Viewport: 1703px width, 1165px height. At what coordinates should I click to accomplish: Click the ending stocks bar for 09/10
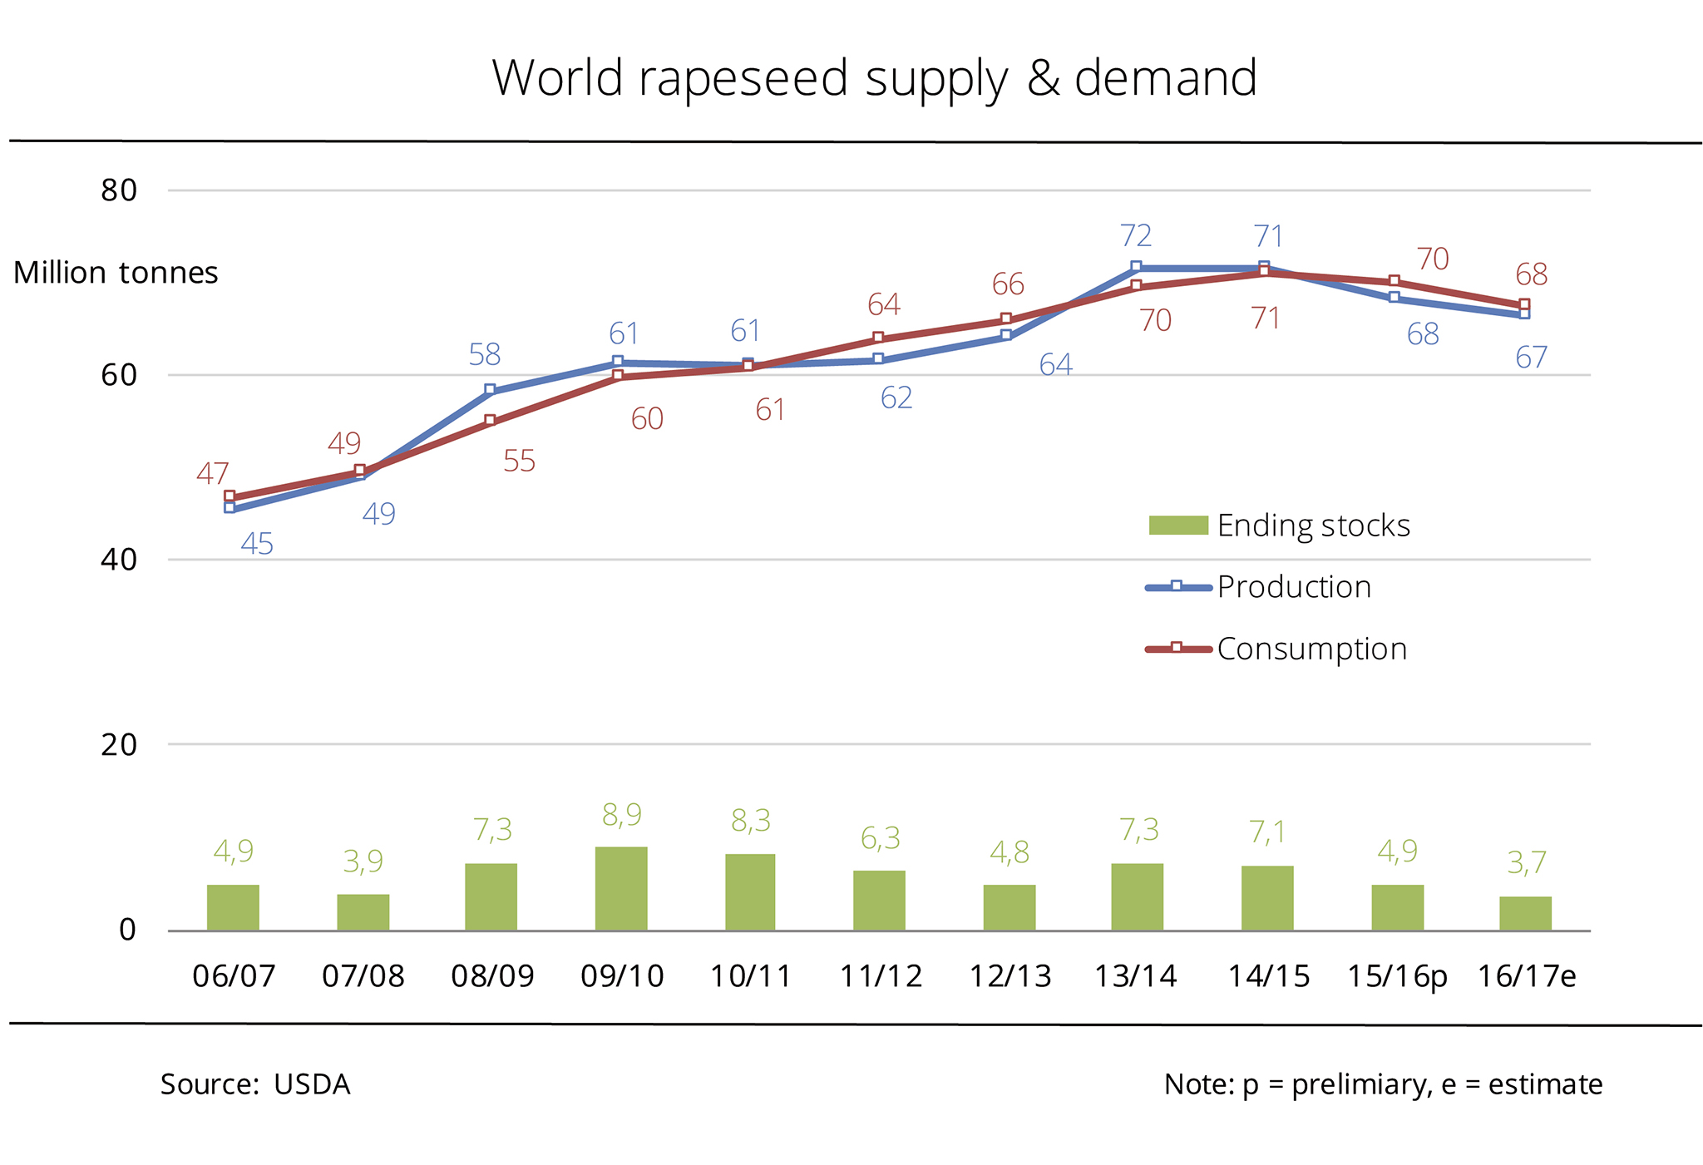[x=621, y=888]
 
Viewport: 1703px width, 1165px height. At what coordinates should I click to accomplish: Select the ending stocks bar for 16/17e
[x=1525, y=913]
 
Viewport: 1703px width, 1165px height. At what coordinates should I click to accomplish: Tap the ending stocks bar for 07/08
[x=363, y=912]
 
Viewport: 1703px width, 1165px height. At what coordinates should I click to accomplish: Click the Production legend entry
[x=1293, y=587]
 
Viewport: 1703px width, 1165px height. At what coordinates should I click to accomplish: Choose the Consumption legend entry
[x=1311, y=649]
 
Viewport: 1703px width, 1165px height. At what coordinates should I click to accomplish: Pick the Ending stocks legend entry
[x=1313, y=526]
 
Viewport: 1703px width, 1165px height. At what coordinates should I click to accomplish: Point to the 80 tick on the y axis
[x=119, y=190]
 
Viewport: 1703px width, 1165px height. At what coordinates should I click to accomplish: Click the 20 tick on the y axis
[x=119, y=744]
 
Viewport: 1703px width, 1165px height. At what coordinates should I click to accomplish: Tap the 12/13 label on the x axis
[x=1009, y=975]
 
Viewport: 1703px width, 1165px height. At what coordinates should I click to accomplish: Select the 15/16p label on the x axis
[x=1397, y=975]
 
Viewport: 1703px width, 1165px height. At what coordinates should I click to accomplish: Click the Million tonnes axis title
[x=116, y=273]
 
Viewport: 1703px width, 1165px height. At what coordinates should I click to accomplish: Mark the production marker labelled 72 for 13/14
[x=1136, y=267]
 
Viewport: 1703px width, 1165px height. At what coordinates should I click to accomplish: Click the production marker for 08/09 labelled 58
[x=490, y=390]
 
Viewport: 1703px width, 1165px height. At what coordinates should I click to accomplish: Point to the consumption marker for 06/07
[x=230, y=496]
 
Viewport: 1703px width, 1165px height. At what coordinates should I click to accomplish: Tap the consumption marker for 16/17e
[x=1524, y=304]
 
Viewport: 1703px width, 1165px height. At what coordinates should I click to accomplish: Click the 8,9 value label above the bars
[x=622, y=815]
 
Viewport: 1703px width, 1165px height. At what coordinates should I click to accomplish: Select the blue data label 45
[x=257, y=544]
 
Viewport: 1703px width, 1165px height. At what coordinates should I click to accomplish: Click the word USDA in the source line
[x=312, y=1084]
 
